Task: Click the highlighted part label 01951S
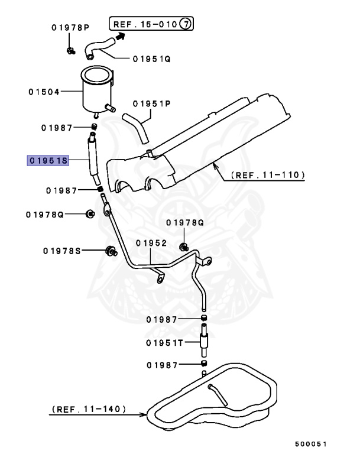48,161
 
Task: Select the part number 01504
44,92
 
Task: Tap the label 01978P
70,28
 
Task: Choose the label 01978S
61,250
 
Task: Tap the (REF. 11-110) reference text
268,175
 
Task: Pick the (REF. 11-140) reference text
88,408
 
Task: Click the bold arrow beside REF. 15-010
121,36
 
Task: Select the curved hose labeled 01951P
135,127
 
